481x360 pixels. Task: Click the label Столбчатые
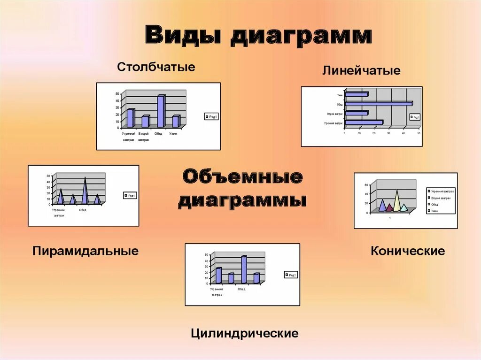point(156,67)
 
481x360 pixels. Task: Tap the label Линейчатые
point(361,71)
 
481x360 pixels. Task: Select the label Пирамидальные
point(85,251)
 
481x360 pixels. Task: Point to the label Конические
point(408,251)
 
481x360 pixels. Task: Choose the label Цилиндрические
point(245,333)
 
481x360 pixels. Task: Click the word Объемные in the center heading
point(242,177)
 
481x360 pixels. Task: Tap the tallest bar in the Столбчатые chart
point(161,111)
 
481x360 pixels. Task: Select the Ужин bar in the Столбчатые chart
point(175,122)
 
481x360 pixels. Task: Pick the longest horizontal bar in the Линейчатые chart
point(378,104)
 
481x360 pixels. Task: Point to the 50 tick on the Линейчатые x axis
point(419,133)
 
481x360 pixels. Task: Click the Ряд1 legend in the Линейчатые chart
point(415,117)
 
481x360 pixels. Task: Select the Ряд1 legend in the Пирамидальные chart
point(129,196)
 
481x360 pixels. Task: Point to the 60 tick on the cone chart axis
point(366,185)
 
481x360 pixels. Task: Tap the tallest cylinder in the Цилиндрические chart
point(244,269)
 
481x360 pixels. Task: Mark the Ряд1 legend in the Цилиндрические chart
point(290,275)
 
